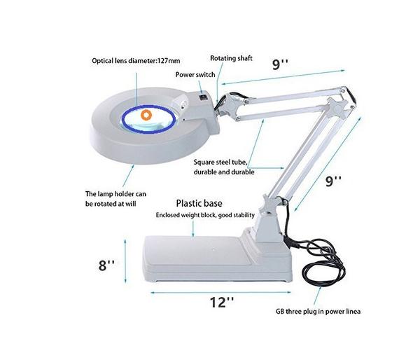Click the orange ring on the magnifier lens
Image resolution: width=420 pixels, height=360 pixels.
[146, 115]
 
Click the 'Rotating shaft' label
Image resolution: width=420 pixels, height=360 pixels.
[231, 58]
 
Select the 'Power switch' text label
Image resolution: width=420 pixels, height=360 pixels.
[195, 74]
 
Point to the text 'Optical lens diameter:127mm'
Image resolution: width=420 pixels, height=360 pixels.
[136, 60]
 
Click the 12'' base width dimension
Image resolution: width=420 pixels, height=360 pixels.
[221, 302]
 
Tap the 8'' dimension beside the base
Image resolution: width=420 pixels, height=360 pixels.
[106, 265]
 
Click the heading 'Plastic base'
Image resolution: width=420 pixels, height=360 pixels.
[199, 203]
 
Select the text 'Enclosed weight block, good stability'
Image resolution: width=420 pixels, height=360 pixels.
[205, 215]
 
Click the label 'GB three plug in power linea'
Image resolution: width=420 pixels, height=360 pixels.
[318, 312]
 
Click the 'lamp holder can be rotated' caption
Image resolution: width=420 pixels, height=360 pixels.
[115, 199]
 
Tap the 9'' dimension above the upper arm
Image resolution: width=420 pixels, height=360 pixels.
[281, 64]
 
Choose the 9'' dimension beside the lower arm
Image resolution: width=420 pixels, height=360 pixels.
[333, 181]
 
